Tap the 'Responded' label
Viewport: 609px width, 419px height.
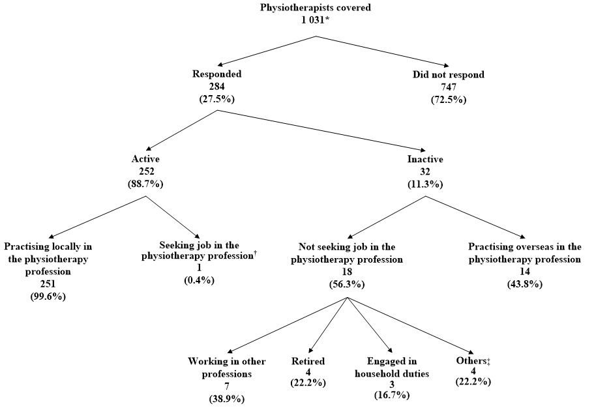pyautogui.click(x=216, y=74)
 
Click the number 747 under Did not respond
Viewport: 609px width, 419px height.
pyautogui.click(x=448, y=87)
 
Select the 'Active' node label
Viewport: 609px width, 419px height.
pyautogui.click(x=145, y=159)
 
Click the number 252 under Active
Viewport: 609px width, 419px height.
pyautogui.click(x=145, y=171)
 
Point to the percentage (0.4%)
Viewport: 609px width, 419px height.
pyautogui.click(x=199, y=280)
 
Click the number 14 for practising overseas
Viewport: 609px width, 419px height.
pyautogui.click(x=524, y=272)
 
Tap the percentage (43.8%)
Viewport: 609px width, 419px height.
pyautogui.click(x=524, y=284)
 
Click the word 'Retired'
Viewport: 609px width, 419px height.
pyautogui.click(x=308, y=361)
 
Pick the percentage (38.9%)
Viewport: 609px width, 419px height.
pyautogui.click(x=225, y=397)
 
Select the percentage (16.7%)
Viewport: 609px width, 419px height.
pyautogui.click(x=391, y=395)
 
